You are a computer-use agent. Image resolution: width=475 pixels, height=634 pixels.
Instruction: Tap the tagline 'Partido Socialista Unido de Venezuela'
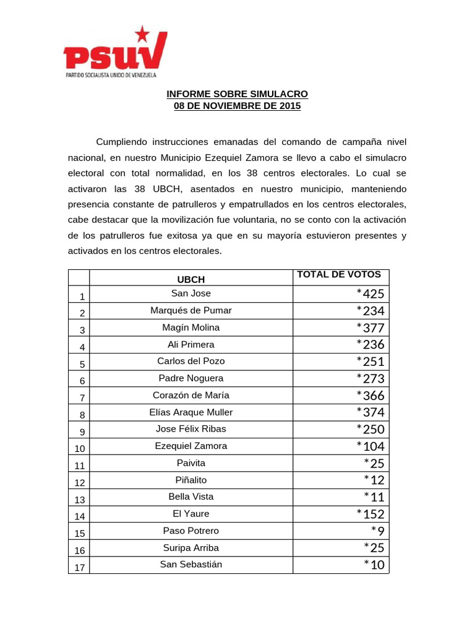coord(111,74)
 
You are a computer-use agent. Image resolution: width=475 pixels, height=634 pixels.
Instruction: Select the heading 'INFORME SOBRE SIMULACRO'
coord(237,94)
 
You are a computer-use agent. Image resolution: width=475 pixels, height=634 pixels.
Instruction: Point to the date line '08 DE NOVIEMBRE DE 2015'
coord(237,106)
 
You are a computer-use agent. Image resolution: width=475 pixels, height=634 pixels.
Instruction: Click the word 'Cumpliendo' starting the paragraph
coord(122,142)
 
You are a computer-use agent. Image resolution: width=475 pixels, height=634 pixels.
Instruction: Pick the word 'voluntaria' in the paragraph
coord(313,220)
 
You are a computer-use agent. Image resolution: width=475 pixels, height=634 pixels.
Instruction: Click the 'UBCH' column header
coord(190,279)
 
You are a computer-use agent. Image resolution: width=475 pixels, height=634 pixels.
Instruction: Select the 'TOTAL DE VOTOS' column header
coord(339,275)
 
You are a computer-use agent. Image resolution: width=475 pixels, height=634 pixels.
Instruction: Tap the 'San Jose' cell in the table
coord(190,293)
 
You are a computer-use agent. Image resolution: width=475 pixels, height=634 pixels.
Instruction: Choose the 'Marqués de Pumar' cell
coord(190,310)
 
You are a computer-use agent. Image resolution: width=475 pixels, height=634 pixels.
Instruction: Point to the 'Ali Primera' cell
coord(190,344)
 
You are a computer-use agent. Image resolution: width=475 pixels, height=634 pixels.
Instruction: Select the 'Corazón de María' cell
coord(190,395)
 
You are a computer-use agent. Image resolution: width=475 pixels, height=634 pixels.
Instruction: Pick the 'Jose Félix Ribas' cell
coord(190,429)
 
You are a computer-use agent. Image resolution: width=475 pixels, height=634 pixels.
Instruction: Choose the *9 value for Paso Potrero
coord(377,531)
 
